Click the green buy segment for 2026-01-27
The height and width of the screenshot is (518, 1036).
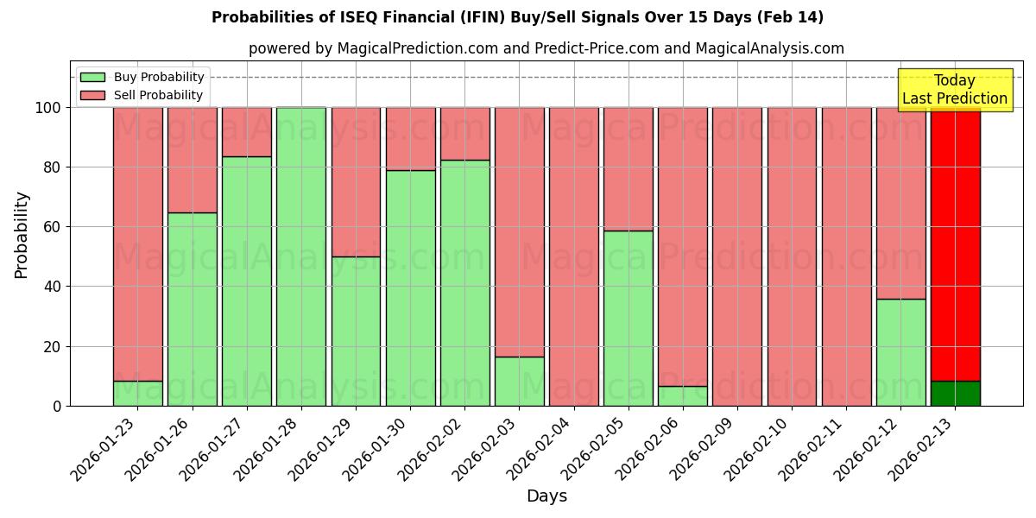[247, 281]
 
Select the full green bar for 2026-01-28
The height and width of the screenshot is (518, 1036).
[301, 256]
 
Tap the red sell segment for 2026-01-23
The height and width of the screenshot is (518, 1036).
[138, 243]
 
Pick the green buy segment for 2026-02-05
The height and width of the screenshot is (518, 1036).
[629, 318]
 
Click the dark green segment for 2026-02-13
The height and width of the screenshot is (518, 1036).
[956, 393]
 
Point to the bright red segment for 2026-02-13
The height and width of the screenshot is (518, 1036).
[956, 243]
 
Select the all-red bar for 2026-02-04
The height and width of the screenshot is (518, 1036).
[574, 256]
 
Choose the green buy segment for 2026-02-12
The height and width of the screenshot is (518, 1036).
[901, 352]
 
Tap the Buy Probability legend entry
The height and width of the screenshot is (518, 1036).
[142, 77]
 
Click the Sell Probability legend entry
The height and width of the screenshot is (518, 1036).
[142, 95]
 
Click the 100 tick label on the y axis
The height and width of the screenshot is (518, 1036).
[47, 108]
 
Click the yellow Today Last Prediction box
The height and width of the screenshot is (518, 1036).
[955, 90]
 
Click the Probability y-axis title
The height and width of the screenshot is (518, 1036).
[22, 235]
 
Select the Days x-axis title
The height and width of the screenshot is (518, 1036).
[546, 496]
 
